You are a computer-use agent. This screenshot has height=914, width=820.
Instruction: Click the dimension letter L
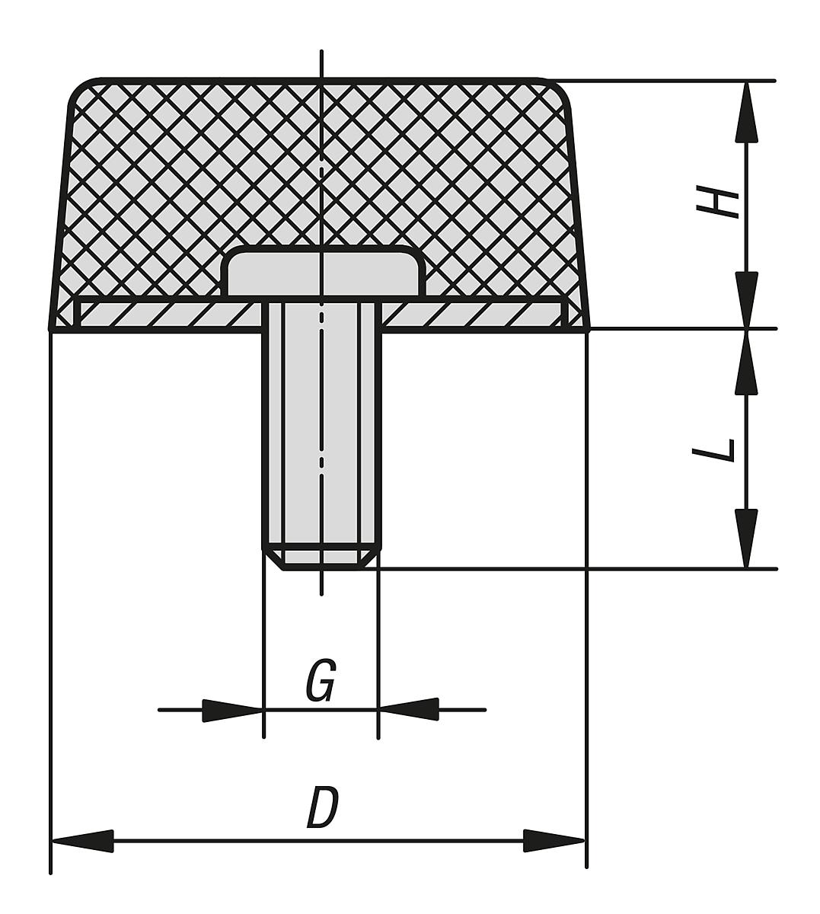716,449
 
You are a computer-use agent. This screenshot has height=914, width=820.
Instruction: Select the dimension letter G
321,682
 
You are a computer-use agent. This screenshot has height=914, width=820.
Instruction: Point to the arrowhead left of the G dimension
232,710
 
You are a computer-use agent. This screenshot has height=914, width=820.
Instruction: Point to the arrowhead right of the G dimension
409,710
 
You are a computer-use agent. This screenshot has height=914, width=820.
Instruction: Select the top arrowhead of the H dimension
747,111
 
